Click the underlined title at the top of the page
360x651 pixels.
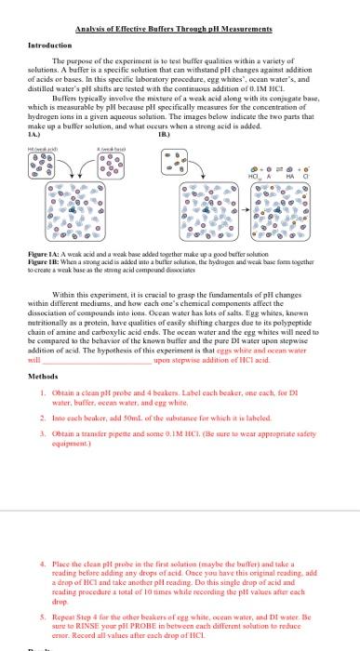(180, 30)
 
